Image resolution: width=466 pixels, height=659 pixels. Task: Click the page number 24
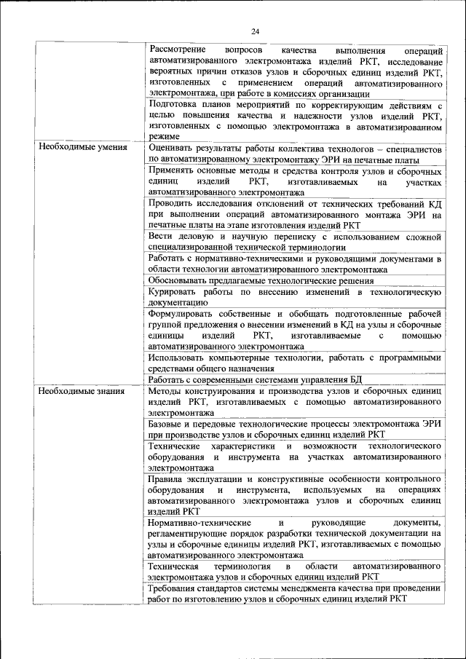[256, 31]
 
